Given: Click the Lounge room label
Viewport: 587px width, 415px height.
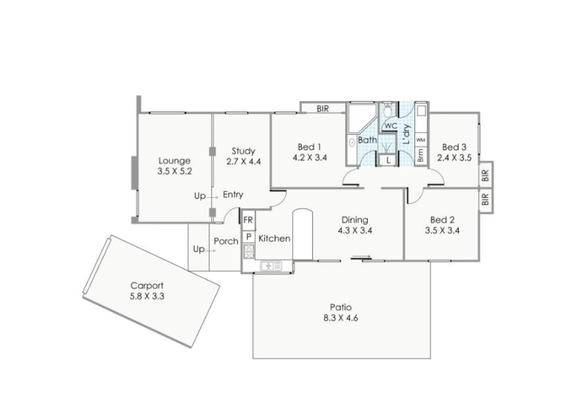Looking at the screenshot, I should point(174,161).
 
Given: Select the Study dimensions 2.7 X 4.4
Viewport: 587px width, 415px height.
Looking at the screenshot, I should point(243,162).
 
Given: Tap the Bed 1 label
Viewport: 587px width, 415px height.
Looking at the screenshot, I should point(309,147).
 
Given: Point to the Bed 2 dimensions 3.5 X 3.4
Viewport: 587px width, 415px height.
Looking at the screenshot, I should point(442,231).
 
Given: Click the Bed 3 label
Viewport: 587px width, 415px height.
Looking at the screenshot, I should point(454,147).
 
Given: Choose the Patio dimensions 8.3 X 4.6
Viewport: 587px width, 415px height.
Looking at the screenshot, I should point(341,318).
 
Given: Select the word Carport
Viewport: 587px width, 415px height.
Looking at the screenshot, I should point(147,286).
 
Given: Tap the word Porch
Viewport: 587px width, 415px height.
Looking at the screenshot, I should point(226,241).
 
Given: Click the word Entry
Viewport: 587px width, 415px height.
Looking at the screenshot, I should point(233,195).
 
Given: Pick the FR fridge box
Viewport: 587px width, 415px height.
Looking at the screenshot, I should point(248,220).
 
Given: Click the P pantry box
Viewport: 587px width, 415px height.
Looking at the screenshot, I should point(249,237).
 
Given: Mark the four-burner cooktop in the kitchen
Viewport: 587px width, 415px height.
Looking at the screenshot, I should point(249,251).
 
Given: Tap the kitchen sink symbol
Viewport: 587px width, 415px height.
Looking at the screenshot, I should point(271,266).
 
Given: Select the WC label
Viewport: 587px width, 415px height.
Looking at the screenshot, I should point(391,126).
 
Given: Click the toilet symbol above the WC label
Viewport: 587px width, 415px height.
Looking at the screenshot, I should point(388,110).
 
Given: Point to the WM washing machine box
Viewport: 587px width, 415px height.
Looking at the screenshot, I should point(421,140).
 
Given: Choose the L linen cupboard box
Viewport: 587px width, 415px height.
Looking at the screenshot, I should point(388,160).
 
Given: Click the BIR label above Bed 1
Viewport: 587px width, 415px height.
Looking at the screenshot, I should point(323,109).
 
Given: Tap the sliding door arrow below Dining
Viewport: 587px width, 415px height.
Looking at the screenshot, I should point(361,257).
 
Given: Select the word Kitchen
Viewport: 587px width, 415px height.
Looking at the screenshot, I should point(274,239).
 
